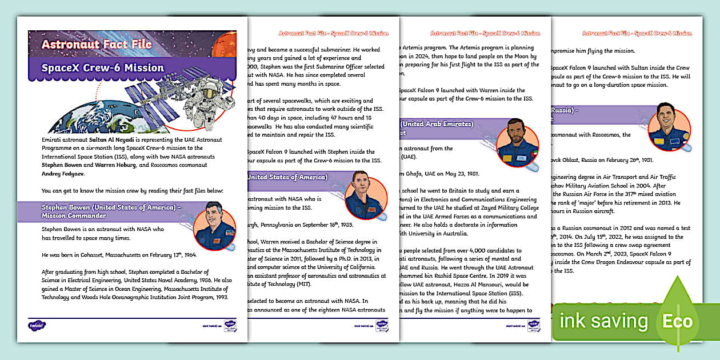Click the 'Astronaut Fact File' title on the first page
point(96,44)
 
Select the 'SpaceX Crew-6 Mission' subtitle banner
point(103,68)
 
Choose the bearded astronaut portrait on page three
point(518,143)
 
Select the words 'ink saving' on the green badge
point(603,321)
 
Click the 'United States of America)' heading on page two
point(287,177)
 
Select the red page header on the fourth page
point(637,33)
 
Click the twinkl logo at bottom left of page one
point(37,325)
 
